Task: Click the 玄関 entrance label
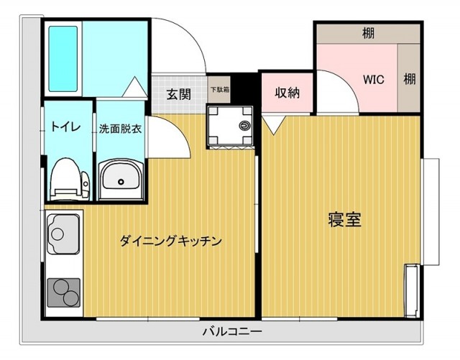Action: [x=179, y=93]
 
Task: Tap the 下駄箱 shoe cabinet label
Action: [x=220, y=91]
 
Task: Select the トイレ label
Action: [x=65, y=127]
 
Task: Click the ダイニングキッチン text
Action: [x=170, y=241]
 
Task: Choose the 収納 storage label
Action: [x=287, y=93]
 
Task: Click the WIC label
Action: [x=374, y=79]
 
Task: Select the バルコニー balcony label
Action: [x=231, y=331]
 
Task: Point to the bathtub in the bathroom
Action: [x=63, y=59]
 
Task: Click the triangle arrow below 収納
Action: [x=272, y=125]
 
